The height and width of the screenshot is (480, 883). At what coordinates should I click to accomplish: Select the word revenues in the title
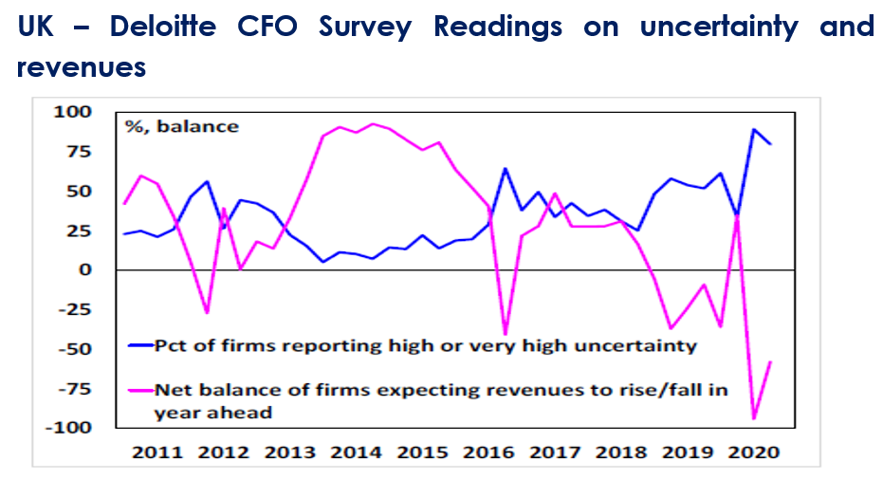click(x=82, y=66)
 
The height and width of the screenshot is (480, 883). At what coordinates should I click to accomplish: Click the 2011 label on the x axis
click(x=157, y=452)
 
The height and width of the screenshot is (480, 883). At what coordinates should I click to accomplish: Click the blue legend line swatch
click(x=139, y=345)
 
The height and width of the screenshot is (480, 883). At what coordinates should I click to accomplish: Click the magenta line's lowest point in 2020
click(x=754, y=418)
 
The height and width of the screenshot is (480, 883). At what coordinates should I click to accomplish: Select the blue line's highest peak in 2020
click(x=754, y=129)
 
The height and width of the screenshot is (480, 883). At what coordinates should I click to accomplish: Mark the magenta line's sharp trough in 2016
click(x=506, y=335)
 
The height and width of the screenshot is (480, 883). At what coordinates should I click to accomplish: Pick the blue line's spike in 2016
click(x=506, y=169)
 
